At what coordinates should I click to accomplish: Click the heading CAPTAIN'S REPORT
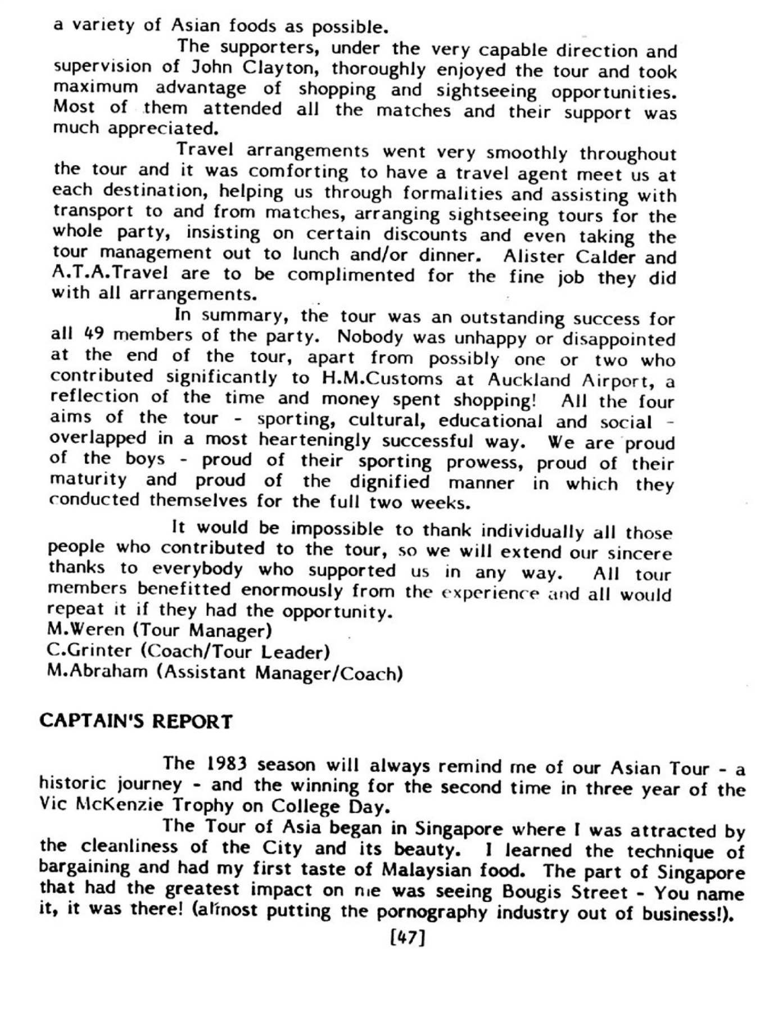click(x=135, y=721)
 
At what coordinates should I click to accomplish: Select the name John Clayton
click(x=256, y=68)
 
